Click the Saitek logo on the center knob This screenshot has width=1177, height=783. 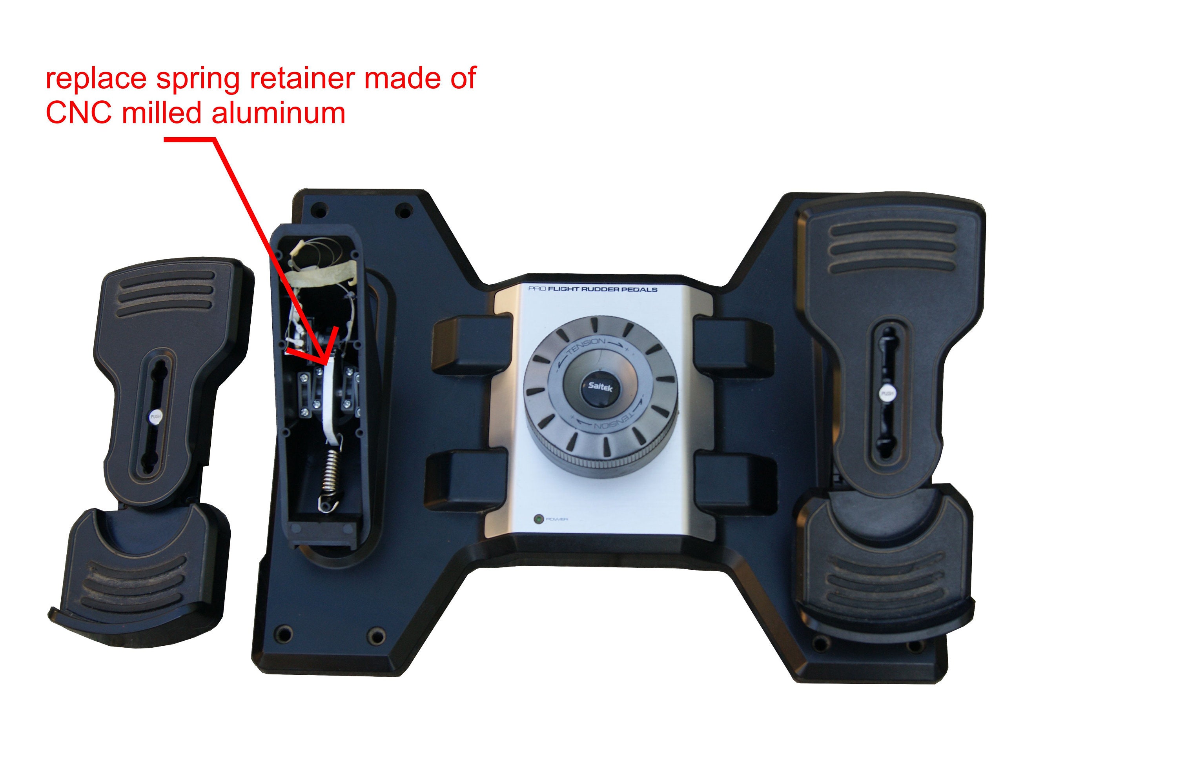599,386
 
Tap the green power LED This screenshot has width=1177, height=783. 539,519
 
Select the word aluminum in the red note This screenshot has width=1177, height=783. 278,113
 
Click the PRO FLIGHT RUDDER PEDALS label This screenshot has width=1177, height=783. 592,289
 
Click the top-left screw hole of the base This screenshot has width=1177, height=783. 318,209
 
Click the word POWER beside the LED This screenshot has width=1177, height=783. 557,520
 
